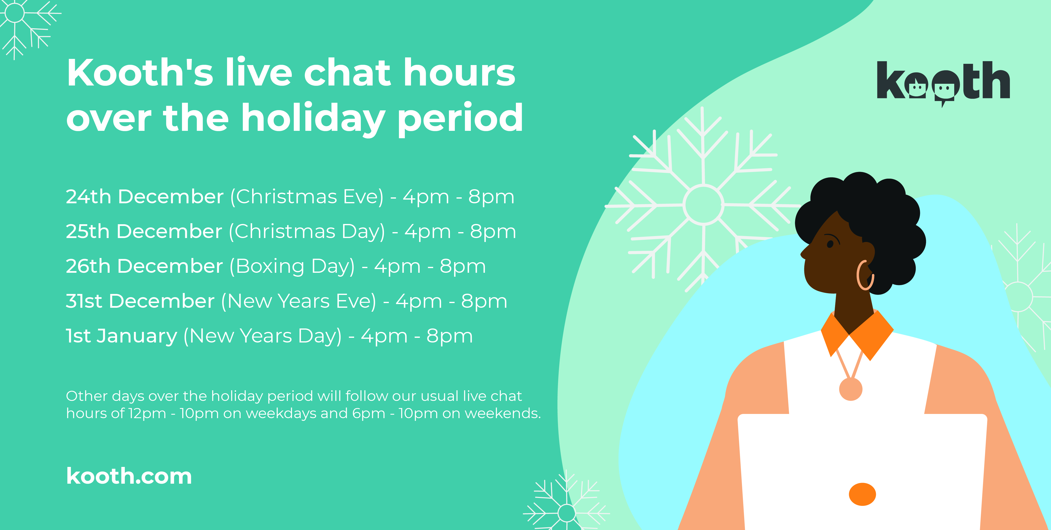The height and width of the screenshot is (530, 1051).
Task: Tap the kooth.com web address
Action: click(x=129, y=476)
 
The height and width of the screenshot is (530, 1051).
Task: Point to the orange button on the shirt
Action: click(x=862, y=494)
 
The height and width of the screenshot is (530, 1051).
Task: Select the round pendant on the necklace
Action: click(x=851, y=389)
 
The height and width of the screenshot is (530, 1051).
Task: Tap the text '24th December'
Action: click(x=145, y=197)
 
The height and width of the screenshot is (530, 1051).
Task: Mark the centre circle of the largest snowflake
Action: click(x=703, y=205)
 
